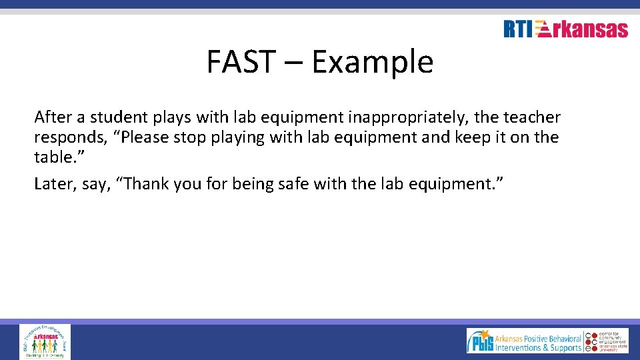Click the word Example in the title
372,62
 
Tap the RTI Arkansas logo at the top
565,29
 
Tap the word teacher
532,117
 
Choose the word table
51,157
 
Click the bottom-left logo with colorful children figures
45,341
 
